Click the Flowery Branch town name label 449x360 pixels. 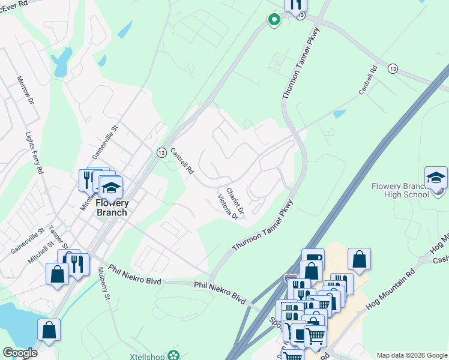tap(112, 208)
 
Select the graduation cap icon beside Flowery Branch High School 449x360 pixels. tap(436, 178)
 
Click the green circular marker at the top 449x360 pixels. tap(274, 20)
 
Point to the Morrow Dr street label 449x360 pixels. tap(25, 90)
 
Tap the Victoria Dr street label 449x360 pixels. tap(228, 207)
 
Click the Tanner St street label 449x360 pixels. tap(58, 237)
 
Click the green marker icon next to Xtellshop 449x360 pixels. tap(174, 355)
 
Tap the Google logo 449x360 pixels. tap(20, 353)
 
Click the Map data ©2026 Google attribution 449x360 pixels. tap(412, 356)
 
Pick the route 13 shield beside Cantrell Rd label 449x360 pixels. tap(161, 152)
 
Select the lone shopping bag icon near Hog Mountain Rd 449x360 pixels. tap(359, 259)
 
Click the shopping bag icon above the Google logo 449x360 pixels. tap(49, 329)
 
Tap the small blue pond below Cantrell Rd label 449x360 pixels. tap(339, 113)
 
